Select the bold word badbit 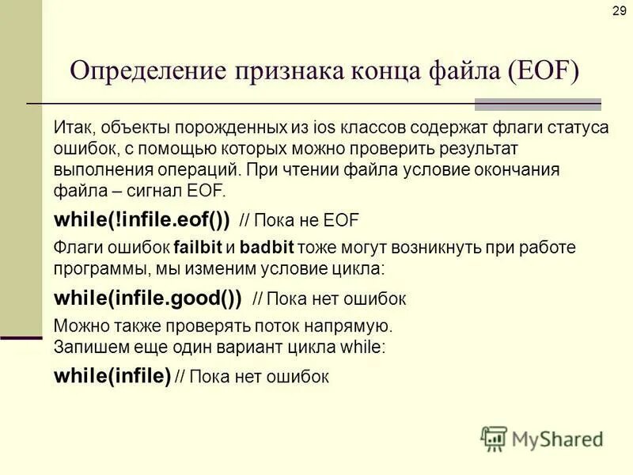click(x=269, y=247)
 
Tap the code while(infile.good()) click(x=147, y=298)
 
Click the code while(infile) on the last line click(x=112, y=376)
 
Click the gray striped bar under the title click(x=537, y=104)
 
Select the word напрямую click(x=351, y=325)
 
